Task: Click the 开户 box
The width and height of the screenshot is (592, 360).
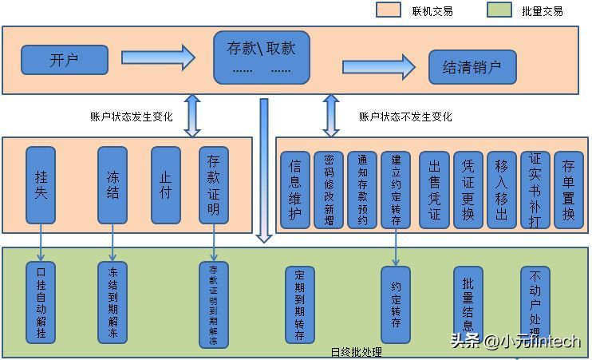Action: click(65, 60)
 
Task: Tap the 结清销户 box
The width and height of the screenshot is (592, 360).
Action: click(472, 67)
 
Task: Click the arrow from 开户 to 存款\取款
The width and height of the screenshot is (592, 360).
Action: click(158, 57)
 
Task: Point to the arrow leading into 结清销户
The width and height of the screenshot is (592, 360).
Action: click(379, 66)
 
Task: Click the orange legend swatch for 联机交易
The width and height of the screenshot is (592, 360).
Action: click(389, 10)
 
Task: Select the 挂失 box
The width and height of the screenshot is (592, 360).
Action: click(41, 184)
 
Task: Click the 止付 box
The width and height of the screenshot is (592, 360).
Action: click(166, 184)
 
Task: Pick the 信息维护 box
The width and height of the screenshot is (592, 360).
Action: click(294, 190)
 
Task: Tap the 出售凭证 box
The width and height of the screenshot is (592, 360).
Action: click(435, 190)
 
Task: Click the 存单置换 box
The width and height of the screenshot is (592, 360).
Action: click(568, 190)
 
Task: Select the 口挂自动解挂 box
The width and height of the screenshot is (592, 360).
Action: click(41, 302)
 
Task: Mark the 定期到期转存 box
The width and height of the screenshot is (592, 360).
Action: click(300, 304)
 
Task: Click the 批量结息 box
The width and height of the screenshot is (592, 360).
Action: click(468, 304)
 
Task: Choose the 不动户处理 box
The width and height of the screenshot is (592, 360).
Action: click(535, 304)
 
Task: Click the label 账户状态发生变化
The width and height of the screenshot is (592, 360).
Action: click(132, 117)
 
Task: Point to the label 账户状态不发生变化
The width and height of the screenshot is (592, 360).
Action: click(405, 117)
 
